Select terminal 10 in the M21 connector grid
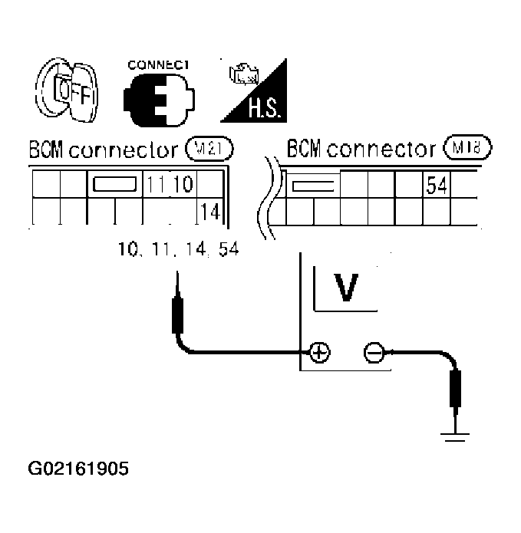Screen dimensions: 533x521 (185, 184)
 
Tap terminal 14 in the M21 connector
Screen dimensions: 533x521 (209, 212)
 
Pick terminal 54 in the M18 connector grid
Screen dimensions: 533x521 (436, 185)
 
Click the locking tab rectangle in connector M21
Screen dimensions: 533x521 (114, 185)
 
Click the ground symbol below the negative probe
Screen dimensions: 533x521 (456, 436)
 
